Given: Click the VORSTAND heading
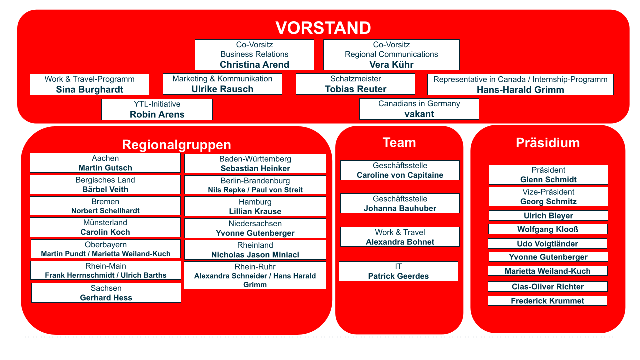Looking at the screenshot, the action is [323, 28].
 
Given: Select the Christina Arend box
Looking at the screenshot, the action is [254, 55].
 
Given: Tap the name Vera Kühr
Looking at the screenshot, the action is [391, 65].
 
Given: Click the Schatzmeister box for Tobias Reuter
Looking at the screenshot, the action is [355, 84].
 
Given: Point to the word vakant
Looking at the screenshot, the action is [419, 114].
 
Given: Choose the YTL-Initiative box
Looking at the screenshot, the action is [157, 109].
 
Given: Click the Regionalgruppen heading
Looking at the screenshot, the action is [176, 145].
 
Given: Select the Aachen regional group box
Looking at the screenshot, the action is [105, 163].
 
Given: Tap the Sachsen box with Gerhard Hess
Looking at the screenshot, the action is [106, 293].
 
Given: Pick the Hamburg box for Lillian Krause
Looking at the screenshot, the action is [255, 206].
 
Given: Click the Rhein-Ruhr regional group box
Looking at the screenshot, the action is [255, 275].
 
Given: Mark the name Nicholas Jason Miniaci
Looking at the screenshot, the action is [255, 255].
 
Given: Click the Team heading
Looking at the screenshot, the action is [399, 142].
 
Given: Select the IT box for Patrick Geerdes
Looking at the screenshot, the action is [399, 271].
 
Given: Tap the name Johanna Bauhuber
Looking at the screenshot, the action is [400, 208].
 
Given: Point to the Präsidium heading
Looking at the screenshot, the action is [548, 143].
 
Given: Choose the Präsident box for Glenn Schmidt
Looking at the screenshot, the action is [548, 175].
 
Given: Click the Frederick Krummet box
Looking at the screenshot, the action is [547, 301].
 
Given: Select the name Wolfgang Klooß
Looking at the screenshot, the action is [548, 229].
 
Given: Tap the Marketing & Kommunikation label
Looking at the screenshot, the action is [222, 79].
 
